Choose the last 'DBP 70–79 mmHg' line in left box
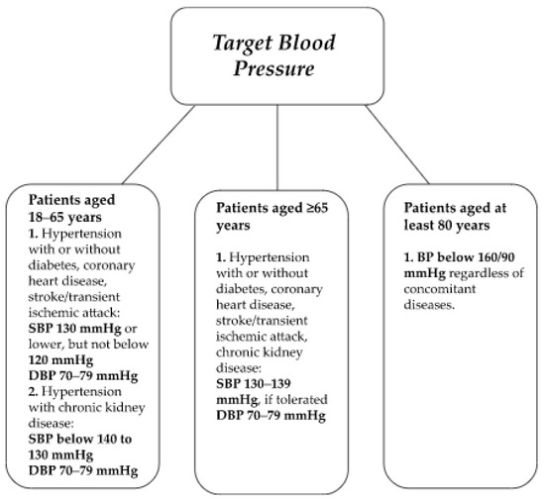coord(84,471)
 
